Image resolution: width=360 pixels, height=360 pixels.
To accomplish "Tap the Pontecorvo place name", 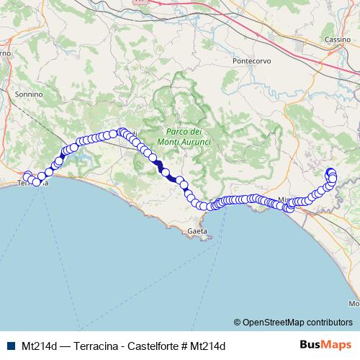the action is [251, 61].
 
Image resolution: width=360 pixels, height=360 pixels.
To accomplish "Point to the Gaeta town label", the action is [197, 231].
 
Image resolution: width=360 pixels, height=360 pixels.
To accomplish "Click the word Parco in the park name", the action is [176, 132].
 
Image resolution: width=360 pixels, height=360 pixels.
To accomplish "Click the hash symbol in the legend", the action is [186, 346].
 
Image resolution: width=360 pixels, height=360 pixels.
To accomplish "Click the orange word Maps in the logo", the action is [335, 345].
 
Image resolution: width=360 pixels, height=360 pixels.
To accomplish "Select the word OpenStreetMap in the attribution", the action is [273, 322].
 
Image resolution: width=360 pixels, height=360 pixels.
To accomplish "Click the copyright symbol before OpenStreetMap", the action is [237, 322].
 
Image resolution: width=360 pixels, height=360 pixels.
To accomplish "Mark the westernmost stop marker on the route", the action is [27, 176].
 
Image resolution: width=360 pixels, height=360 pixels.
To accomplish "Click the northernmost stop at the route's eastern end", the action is [330, 171].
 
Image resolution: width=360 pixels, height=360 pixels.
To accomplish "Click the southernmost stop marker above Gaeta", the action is [203, 207].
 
